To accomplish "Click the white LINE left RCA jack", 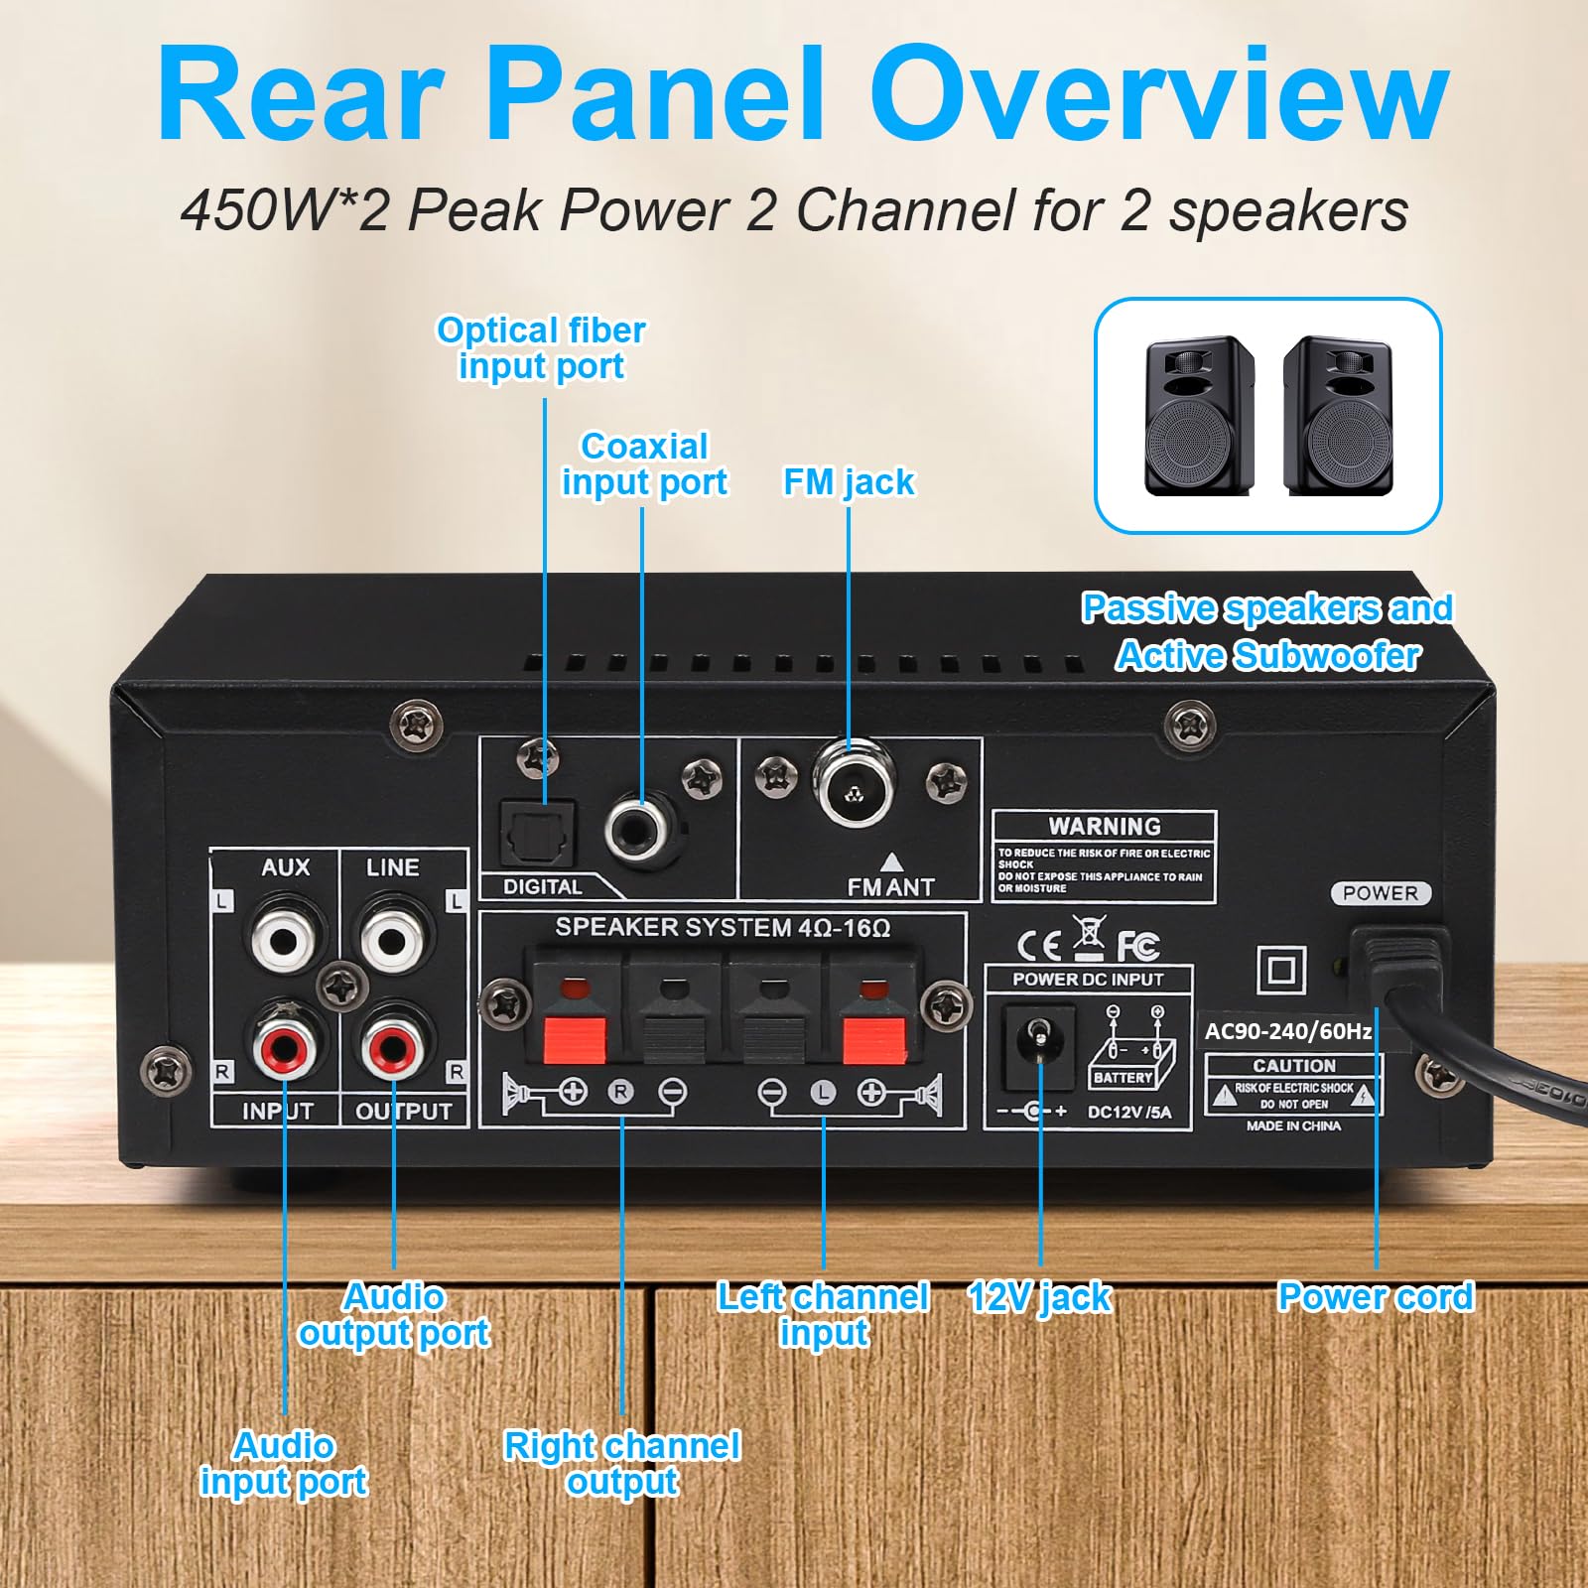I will pyautogui.click(x=393, y=936).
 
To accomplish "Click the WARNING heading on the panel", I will pyautogui.click(x=1104, y=827).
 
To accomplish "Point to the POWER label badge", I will pyautogui.click(x=1380, y=893).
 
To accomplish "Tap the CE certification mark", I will pyautogui.click(x=1039, y=945).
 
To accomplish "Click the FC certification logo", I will pyautogui.click(x=1137, y=945).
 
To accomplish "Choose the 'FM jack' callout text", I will pyautogui.click(x=849, y=482).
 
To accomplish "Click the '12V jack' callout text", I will pyautogui.click(x=1039, y=1297).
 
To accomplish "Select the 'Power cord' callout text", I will pyautogui.click(x=1376, y=1297).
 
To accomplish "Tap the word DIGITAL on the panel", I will pyautogui.click(x=542, y=886).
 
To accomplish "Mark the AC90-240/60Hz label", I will pyautogui.click(x=1287, y=1031).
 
